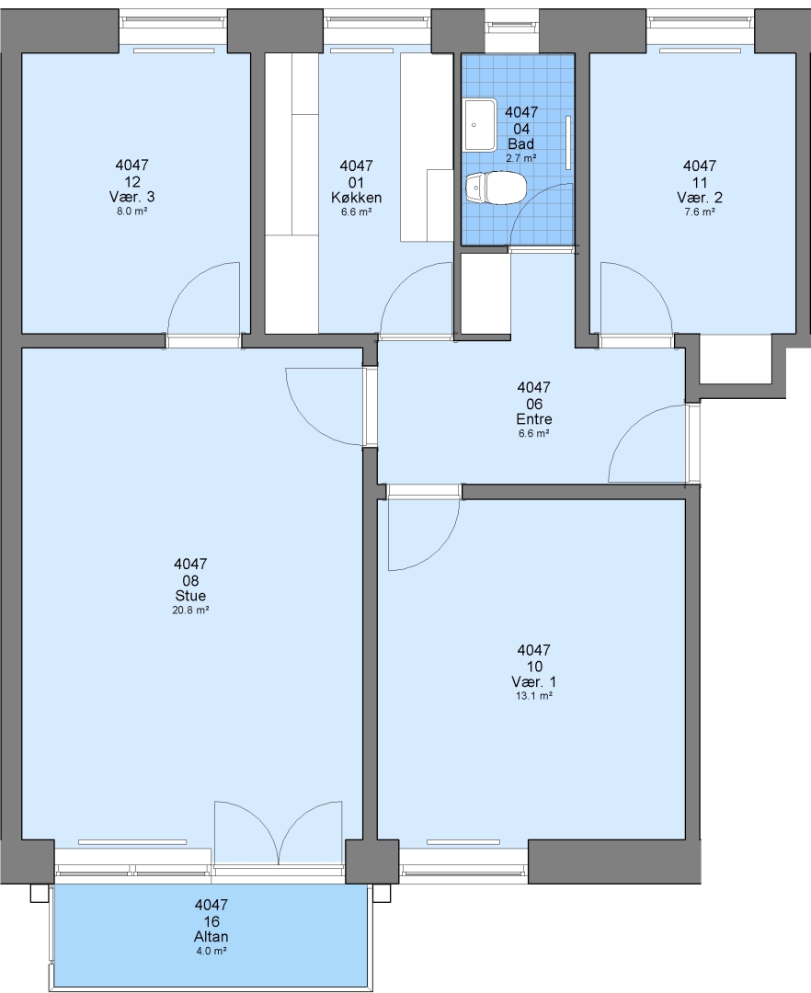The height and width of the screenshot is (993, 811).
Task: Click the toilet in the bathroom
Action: click(x=497, y=188)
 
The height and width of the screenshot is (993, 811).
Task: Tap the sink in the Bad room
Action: click(x=481, y=125)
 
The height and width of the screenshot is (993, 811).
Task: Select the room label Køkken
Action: click(x=357, y=198)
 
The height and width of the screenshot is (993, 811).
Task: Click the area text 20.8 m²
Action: click(x=190, y=611)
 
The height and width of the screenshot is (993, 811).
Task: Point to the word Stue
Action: click(x=190, y=596)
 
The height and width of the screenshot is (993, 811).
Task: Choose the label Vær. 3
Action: click(x=131, y=197)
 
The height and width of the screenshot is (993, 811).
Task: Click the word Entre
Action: click(x=534, y=419)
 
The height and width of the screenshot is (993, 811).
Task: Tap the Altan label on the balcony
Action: click(x=211, y=937)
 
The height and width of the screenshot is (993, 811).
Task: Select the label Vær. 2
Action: click(x=700, y=198)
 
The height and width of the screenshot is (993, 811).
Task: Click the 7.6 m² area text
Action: click(x=700, y=212)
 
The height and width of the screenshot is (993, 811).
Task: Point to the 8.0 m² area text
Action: click(x=131, y=211)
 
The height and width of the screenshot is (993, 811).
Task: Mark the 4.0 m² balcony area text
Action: click(x=211, y=952)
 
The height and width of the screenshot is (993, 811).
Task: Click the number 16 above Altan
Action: click(x=211, y=921)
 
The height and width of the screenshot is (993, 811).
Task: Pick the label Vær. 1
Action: click(x=533, y=682)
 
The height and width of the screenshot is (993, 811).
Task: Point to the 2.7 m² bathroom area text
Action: click(x=521, y=158)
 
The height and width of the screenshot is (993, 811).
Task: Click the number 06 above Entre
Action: click(x=533, y=404)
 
